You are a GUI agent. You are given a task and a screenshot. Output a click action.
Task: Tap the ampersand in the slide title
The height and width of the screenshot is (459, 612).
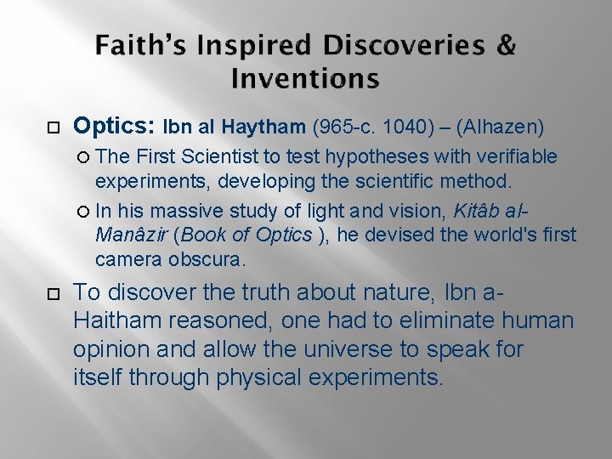[x=506, y=46]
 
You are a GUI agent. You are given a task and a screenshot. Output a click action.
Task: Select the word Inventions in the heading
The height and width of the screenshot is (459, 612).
[x=305, y=79]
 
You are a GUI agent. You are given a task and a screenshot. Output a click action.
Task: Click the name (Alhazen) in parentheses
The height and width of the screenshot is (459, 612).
[x=501, y=128]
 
